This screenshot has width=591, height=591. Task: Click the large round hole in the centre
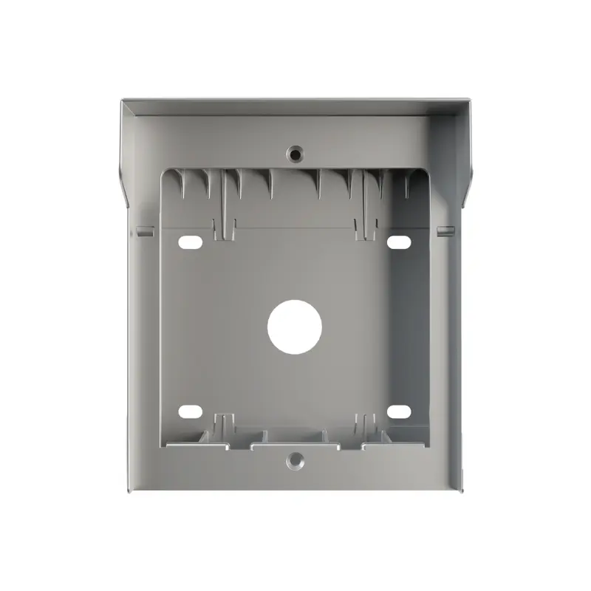(x=295, y=326)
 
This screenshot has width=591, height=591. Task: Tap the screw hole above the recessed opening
(x=295, y=154)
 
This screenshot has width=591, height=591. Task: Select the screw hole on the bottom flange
(x=295, y=461)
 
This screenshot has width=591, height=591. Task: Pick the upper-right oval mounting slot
(x=399, y=242)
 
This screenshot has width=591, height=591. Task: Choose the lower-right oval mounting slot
(x=399, y=411)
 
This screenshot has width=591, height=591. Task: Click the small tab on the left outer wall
(x=145, y=231)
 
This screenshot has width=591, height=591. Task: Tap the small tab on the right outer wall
(x=445, y=231)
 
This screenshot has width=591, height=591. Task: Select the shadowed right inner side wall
(x=418, y=325)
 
